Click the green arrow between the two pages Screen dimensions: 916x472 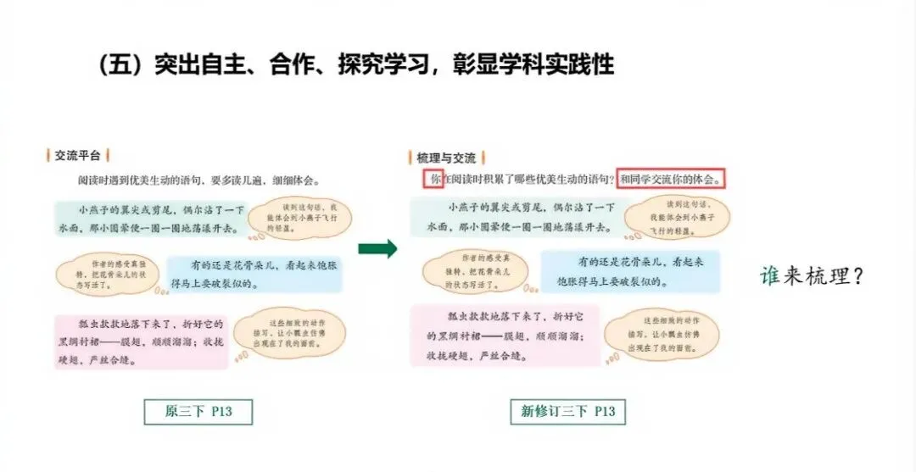(x=377, y=248)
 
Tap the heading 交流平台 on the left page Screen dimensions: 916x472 (x=77, y=155)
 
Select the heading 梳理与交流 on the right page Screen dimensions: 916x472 (x=446, y=157)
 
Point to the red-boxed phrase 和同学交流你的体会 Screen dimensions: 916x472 (x=671, y=179)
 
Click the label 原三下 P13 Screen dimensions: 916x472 (x=198, y=412)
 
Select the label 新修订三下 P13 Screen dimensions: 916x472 (x=567, y=412)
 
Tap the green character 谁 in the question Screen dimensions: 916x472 (x=769, y=275)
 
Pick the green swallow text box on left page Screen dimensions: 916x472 (x=151, y=219)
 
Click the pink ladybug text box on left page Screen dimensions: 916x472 (x=142, y=342)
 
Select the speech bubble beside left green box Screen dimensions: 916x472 (x=299, y=218)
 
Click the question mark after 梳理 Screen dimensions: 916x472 (x=854, y=276)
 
